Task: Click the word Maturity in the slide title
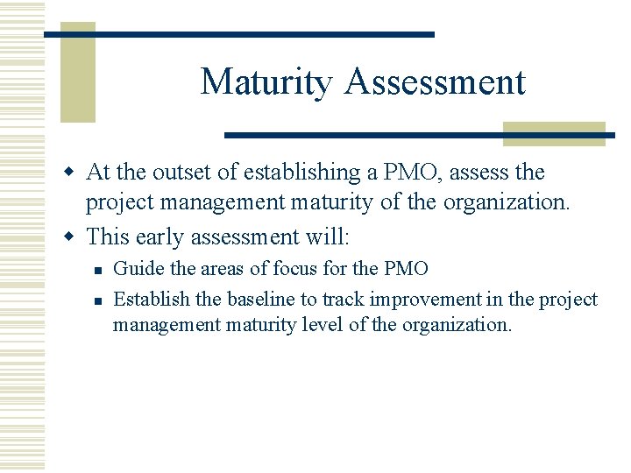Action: coord(266,82)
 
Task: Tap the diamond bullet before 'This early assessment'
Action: coord(73,237)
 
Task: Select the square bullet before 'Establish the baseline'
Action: coord(98,300)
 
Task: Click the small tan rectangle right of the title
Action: coord(554,133)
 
